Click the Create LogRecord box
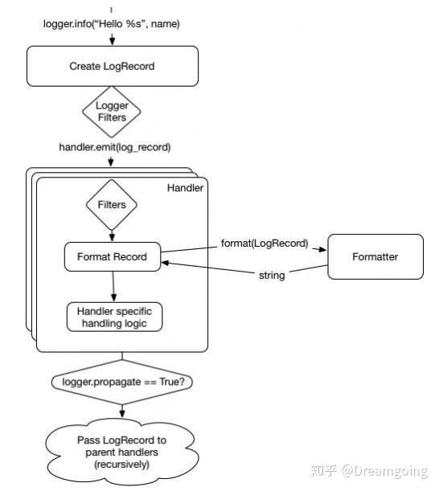[113, 66]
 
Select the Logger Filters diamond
[112, 112]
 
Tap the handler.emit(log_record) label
[115, 147]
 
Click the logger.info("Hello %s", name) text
[112, 24]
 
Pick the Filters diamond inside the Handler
[112, 205]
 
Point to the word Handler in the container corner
[185, 188]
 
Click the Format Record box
[113, 257]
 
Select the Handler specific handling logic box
[114, 317]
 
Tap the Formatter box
[375, 257]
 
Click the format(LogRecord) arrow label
[265, 243]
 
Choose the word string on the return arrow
[272, 276]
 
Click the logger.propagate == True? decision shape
[122, 382]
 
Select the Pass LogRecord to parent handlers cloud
[122, 452]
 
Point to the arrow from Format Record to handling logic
[113, 287]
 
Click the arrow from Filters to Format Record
[112, 236]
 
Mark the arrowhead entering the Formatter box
[322, 250]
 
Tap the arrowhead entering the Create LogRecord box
[113, 42]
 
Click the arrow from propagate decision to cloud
[122, 411]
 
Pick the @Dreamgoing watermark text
[384, 471]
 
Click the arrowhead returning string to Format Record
[165, 263]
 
